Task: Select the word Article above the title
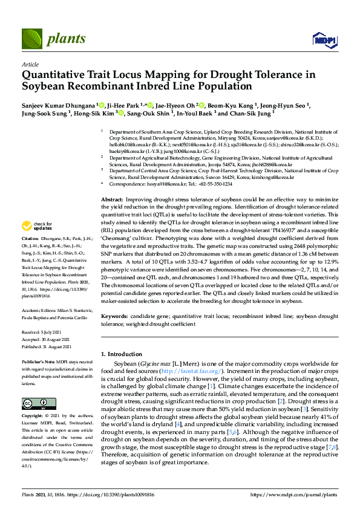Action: click(x=30, y=64)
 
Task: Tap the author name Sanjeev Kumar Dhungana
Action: click(x=58, y=103)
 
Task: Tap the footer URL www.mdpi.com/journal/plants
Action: click(x=299, y=494)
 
